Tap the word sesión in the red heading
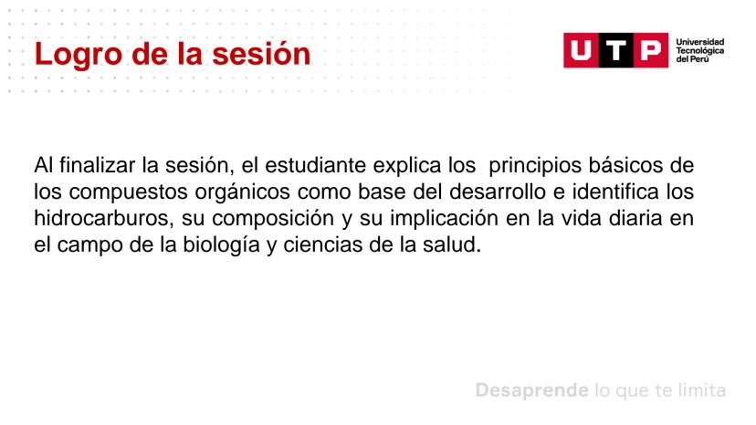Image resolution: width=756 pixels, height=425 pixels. [x=261, y=53]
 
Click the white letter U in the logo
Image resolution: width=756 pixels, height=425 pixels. [x=581, y=50]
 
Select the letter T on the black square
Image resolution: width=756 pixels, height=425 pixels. [x=615, y=50]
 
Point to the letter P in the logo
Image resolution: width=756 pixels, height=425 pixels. [x=650, y=50]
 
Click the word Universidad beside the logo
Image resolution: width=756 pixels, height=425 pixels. [x=699, y=42]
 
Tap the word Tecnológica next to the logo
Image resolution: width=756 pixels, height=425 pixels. [x=699, y=50]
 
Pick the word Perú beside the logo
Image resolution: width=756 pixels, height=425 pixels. [x=699, y=58]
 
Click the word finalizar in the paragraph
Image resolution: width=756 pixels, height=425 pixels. [x=97, y=165]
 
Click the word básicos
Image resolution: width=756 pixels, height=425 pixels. [x=624, y=165]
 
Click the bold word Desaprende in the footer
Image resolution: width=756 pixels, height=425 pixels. [x=531, y=390]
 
